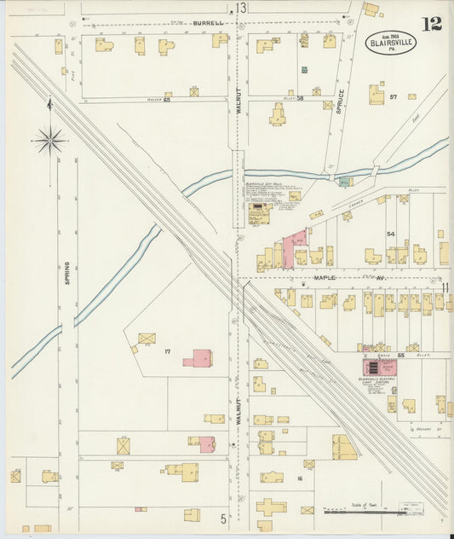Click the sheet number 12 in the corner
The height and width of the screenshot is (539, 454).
(432, 23)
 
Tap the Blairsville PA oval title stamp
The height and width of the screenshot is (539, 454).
(391, 42)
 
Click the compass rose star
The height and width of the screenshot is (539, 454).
(50, 139)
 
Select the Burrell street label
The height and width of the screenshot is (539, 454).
(207, 23)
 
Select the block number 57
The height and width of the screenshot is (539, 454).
(394, 97)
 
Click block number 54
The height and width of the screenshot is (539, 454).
(391, 233)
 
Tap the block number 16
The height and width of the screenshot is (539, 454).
(300, 478)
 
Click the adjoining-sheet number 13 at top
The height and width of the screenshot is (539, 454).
(241, 8)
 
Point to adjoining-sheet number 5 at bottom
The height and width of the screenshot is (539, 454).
(224, 518)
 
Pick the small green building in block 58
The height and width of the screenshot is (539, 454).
(304, 69)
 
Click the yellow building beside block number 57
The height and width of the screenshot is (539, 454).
(376, 94)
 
